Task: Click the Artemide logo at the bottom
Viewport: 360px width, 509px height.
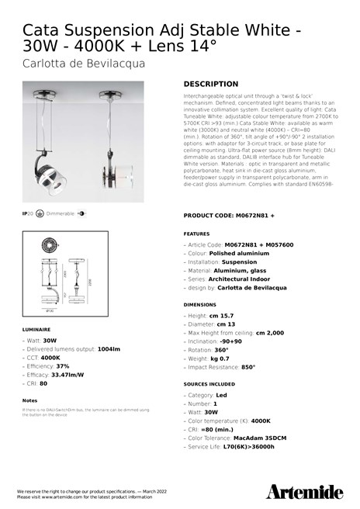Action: tap(305, 492)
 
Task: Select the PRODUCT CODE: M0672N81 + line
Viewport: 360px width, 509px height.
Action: tap(229, 215)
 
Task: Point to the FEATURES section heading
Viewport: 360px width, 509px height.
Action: tap(196, 233)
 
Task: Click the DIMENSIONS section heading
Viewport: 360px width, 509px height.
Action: tap(200, 305)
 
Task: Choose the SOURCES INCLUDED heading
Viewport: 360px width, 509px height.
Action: tap(209, 384)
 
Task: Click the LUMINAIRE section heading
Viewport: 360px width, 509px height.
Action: tap(37, 330)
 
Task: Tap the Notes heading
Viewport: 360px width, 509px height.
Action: tap(30, 400)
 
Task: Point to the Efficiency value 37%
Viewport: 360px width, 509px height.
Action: tap(63, 366)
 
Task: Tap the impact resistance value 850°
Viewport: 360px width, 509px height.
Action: tap(248, 368)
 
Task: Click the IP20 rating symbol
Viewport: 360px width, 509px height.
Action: tap(28, 213)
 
